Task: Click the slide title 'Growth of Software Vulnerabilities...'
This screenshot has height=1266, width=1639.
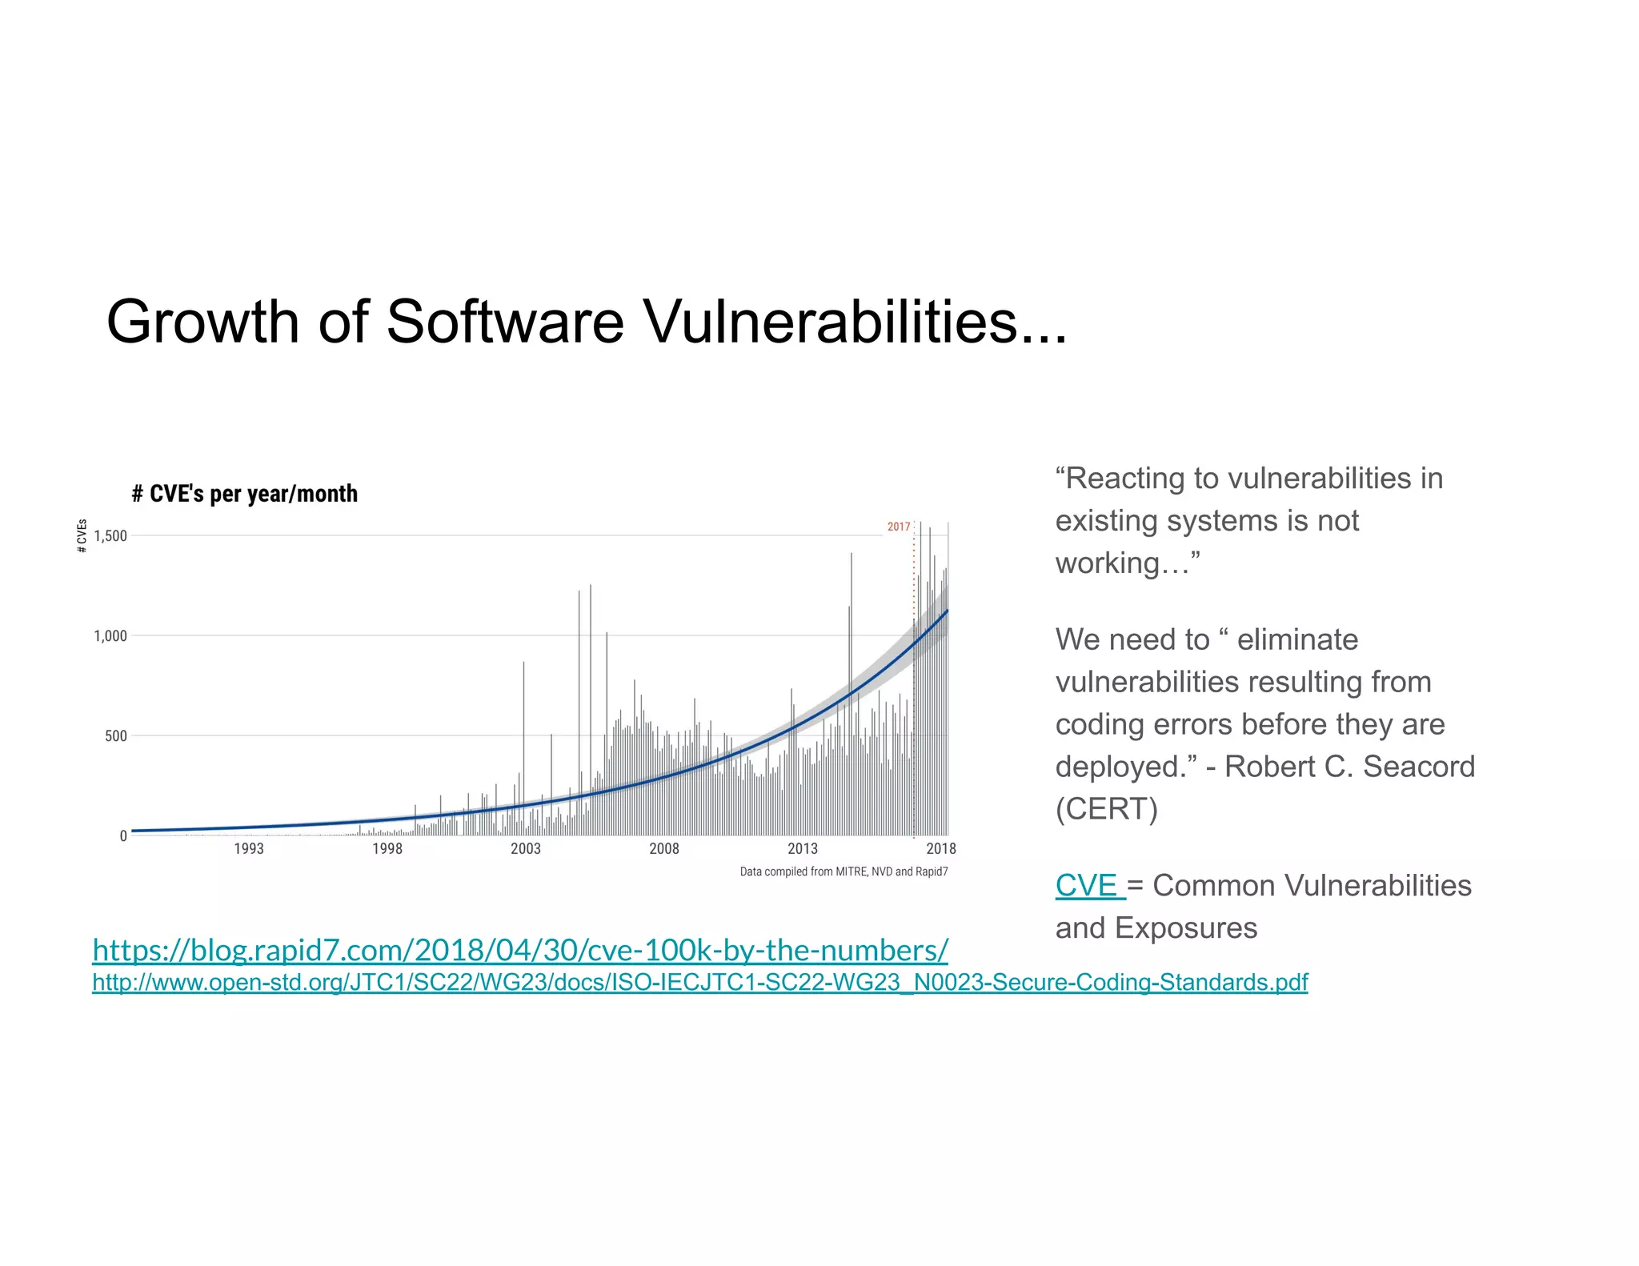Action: (x=586, y=322)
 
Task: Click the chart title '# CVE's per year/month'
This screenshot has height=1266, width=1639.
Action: (x=245, y=494)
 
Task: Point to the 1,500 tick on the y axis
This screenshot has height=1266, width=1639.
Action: (x=110, y=536)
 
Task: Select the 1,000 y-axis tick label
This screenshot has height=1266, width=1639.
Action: (x=110, y=636)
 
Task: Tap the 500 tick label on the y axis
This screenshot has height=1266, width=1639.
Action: (x=116, y=736)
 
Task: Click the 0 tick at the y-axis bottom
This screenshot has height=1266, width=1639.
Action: (x=123, y=836)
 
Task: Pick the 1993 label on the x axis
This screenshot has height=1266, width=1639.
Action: (x=248, y=849)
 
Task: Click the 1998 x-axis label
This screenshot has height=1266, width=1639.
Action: (x=387, y=849)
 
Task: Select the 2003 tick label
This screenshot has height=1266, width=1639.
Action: (x=526, y=849)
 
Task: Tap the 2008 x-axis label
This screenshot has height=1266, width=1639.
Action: (x=664, y=849)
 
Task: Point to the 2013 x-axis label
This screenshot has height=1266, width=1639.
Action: (x=803, y=849)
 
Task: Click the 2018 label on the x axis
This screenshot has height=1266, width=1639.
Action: (x=941, y=849)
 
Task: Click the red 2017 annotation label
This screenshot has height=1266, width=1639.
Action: (x=899, y=527)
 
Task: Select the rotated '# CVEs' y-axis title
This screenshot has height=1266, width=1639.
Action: (x=82, y=536)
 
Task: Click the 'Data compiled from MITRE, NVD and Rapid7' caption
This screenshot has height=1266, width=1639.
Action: (x=844, y=871)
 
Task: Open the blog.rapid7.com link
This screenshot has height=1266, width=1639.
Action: (x=520, y=951)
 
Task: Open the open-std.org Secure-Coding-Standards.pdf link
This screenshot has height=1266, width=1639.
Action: (x=699, y=983)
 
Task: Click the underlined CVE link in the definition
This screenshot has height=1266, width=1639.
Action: (x=1087, y=886)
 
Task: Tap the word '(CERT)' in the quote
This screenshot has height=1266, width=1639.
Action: (x=1106, y=809)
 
